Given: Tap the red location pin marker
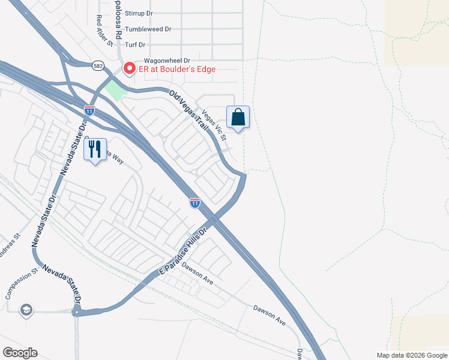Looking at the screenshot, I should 128,68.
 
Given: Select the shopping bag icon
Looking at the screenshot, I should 238,117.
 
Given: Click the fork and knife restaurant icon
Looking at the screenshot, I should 95,149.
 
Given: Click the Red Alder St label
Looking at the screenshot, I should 104,31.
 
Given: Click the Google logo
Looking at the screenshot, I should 20,352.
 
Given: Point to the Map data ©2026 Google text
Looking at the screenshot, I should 411,355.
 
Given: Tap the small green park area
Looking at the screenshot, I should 116,91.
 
